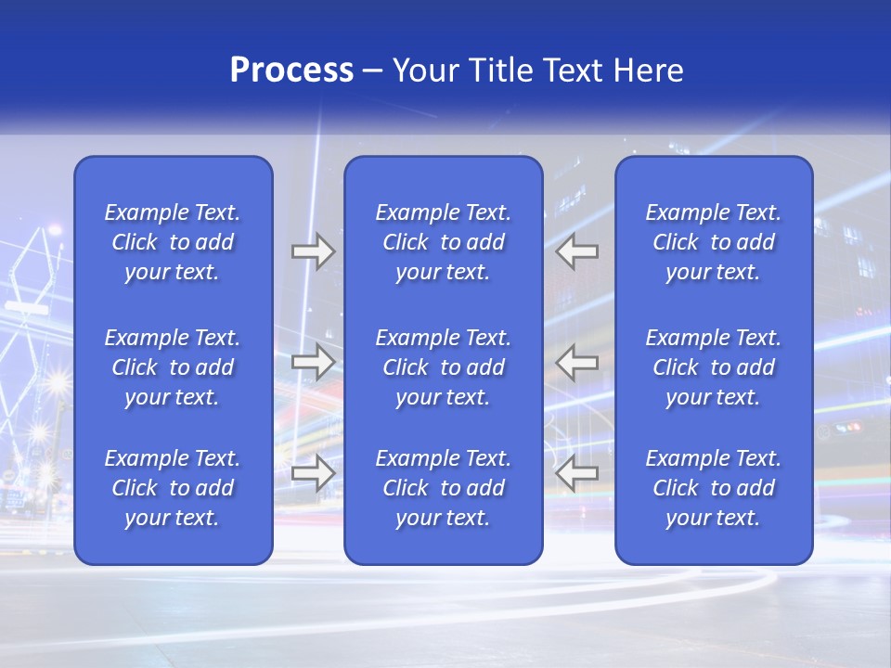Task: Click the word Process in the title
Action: tap(291, 71)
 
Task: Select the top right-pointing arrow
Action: tap(313, 251)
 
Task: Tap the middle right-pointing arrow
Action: tap(313, 362)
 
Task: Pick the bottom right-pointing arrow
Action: tap(313, 474)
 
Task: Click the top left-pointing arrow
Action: tap(577, 251)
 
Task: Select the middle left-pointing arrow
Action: tap(577, 362)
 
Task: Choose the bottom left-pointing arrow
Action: tap(577, 474)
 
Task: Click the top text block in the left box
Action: tap(173, 242)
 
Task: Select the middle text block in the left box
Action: tap(173, 367)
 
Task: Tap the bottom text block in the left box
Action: tap(173, 488)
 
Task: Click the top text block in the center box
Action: tap(443, 242)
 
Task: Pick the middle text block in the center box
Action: tap(443, 367)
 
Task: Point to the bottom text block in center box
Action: tap(443, 488)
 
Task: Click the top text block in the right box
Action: tap(714, 242)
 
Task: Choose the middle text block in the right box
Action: tap(714, 367)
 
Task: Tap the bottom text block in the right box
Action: tap(714, 488)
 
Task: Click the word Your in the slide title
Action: tap(426, 71)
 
